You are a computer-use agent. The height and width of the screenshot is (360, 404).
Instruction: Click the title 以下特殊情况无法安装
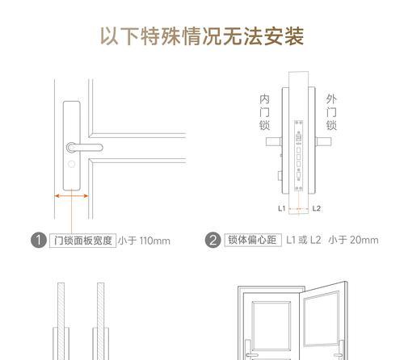pos(202,36)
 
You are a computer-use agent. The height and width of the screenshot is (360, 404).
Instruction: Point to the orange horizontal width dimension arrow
pos(72,195)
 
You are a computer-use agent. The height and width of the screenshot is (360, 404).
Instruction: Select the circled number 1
pos(37,240)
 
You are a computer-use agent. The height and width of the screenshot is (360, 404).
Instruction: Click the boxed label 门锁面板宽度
pos(82,240)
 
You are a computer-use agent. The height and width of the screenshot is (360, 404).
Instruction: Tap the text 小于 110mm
pos(145,240)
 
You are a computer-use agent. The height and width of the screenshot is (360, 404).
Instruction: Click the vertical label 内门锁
pos(263,112)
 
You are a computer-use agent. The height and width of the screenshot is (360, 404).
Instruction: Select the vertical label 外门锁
pos(331,112)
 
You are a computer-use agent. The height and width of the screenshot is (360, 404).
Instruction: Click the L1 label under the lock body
pos(283,208)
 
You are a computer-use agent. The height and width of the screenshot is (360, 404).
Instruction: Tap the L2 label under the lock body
pos(316,208)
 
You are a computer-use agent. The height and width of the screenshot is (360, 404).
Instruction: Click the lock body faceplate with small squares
pos(298,153)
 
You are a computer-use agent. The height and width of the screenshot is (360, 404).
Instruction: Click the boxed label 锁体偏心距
pos(252,240)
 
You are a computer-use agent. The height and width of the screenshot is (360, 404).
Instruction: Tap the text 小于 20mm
pos(353,240)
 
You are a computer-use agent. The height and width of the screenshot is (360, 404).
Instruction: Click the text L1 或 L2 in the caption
pos(304,240)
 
